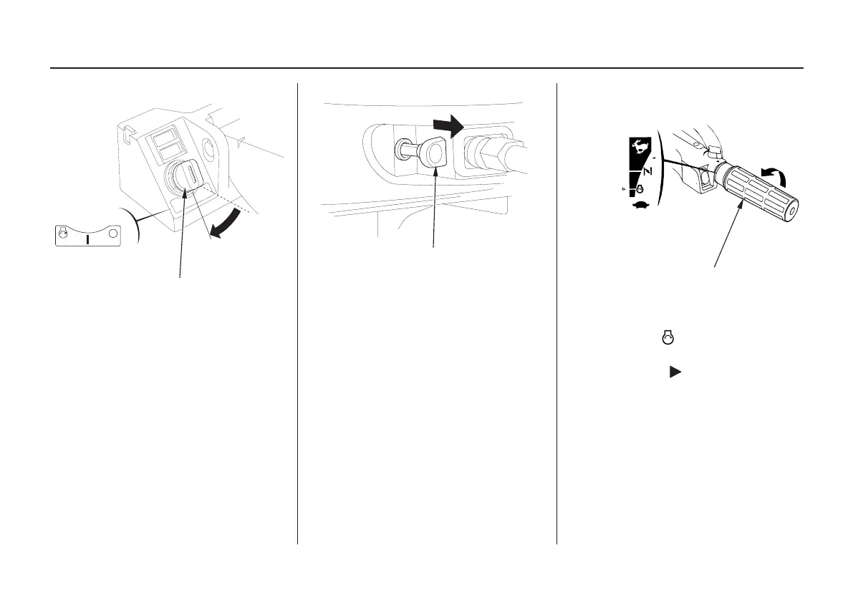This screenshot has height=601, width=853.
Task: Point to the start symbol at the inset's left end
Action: pos(63,233)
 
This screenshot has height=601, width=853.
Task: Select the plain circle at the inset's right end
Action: pos(113,234)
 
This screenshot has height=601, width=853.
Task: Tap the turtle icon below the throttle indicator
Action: pos(638,204)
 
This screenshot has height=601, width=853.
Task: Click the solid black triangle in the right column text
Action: pos(673,372)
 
